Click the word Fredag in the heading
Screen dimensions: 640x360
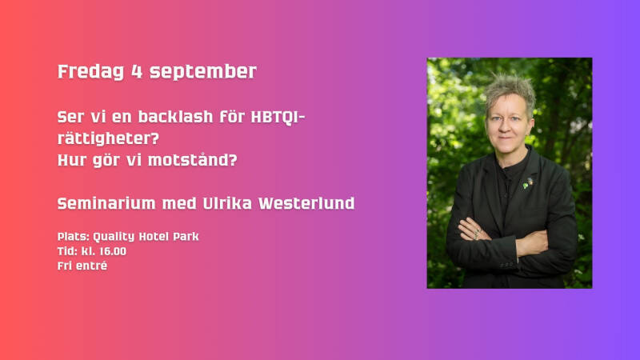(90, 72)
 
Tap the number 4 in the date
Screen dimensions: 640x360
(137, 71)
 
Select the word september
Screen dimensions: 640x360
(203, 72)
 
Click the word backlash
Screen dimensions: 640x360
(175, 117)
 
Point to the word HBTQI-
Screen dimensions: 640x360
(278, 117)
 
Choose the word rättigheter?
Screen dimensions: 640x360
(108, 138)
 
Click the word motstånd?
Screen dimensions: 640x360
(192, 159)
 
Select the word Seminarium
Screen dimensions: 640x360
(106, 203)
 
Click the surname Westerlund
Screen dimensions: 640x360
(306, 203)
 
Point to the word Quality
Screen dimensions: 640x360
(114, 237)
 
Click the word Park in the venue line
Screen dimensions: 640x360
(186, 236)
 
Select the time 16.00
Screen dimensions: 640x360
(113, 251)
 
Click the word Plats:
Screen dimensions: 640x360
(74, 236)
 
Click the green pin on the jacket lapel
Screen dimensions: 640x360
(526, 186)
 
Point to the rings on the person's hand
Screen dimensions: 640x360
(477, 234)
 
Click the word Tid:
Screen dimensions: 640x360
(67, 251)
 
